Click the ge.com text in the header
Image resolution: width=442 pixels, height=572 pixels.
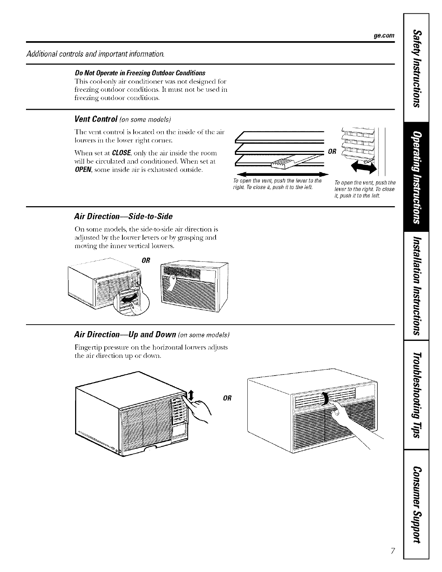[383, 36]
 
